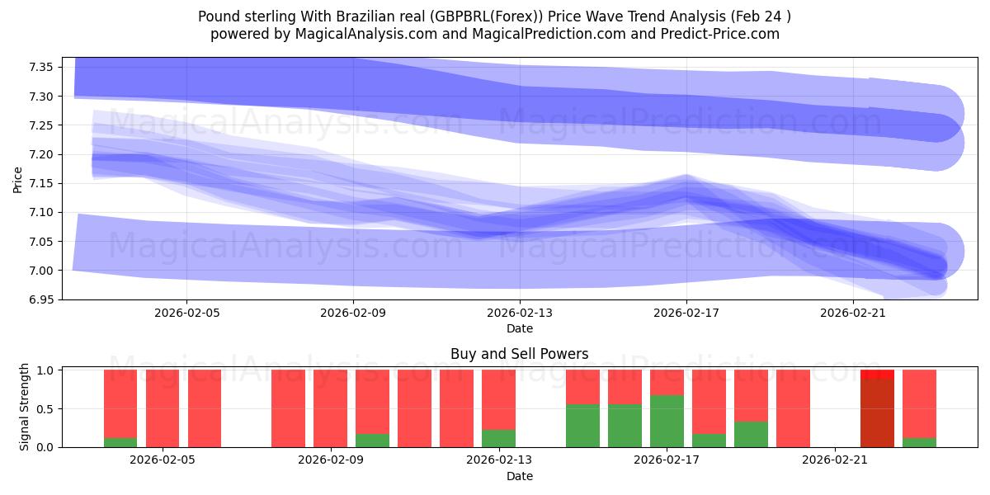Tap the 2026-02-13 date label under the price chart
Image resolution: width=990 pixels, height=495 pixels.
pyautogui.click(x=520, y=313)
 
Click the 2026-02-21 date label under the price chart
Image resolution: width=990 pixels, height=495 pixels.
pyautogui.click(x=852, y=313)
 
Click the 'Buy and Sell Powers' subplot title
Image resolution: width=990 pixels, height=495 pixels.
pyautogui.click(x=520, y=354)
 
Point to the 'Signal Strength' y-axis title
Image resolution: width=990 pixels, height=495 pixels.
pyautogui.click(x=25, y=407)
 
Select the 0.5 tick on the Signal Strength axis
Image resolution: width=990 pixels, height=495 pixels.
pyautogui.click(x=46, y=409)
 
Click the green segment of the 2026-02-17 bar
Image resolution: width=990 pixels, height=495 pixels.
pyautogui.click(x=667, y=421)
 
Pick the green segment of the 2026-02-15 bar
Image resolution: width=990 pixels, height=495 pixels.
pyautogui.click(x=582, y=425)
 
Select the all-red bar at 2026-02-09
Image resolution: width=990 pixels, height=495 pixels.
pyautogui.click(x=330, y=408)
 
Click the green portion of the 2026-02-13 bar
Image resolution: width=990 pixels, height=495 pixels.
pyautogui.click(x=498, y=438)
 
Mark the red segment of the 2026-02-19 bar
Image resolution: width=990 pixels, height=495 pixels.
pyautogui.click(x=751, y=395)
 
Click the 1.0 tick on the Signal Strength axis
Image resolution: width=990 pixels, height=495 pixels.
pyautogui.click(x=46, y=370)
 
